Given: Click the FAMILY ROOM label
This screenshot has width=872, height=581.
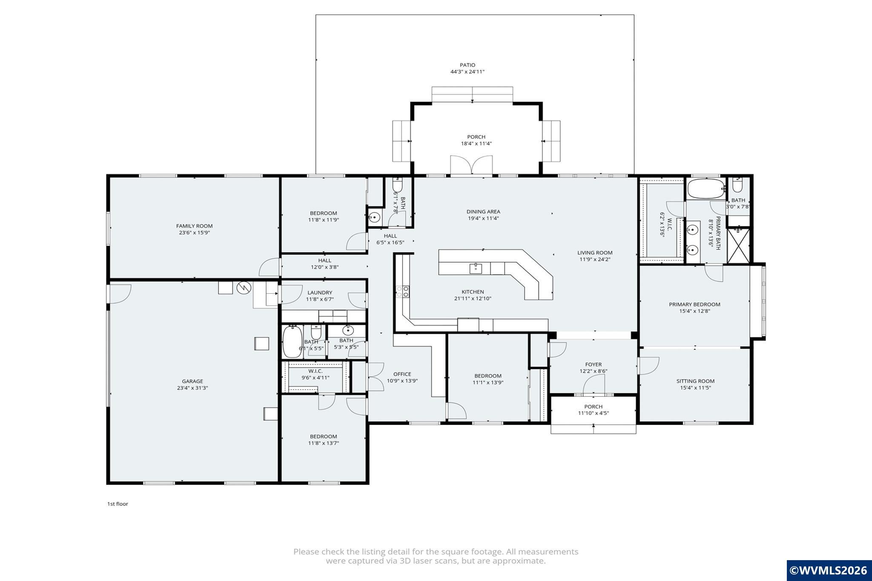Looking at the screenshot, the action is click(x=194, y=226).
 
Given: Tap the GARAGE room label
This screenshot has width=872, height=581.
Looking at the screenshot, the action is click(x=192, y=381).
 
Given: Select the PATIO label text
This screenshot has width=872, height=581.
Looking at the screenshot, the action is click(x=468, y=65).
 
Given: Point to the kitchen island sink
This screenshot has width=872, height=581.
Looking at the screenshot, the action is click(x=476, y=268).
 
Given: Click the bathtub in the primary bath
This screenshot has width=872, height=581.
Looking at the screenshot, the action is click(x=706, y=189).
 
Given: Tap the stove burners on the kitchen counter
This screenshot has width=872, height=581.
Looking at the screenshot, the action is click(x=403, y=292).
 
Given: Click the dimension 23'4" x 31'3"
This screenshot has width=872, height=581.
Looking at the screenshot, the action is click(x=192, y=388).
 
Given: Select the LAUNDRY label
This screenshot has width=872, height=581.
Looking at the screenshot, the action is click(x=320, y=293).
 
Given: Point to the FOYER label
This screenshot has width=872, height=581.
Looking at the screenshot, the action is click(x=594, y=365).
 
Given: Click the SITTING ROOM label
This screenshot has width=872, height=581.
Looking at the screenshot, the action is click(x=695, y=381).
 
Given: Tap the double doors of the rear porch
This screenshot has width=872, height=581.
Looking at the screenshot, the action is click(x=472, y=166).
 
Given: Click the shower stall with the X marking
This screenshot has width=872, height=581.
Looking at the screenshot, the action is click(x=738, y=246).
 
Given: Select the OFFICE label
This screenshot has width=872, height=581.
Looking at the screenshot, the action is click(x=402, y=375).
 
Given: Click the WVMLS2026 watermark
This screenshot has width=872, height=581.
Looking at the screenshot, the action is click(x=829, y=570).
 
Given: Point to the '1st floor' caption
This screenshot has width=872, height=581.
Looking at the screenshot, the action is click(x=118, y=504).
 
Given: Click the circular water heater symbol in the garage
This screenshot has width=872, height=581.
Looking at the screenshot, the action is click(x=244, y=288).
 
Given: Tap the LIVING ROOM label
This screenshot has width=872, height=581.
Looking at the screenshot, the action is click(x=595, y=253).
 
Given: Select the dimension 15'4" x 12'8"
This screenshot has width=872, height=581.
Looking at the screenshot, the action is click(x=694, y=311).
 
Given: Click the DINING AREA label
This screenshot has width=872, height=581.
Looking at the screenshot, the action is click(x=483, y=212).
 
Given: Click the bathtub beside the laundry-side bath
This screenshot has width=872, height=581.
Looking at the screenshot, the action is click(x=293, y=342).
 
